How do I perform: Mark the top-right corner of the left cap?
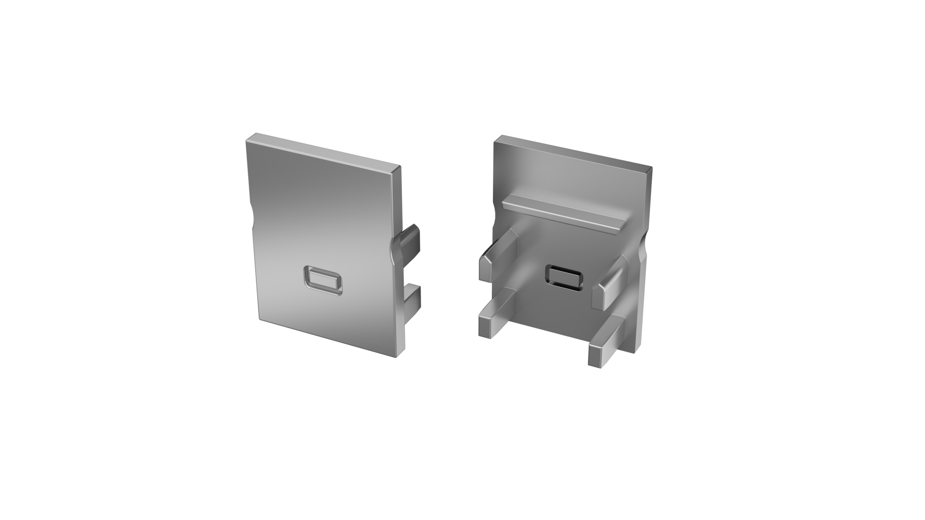(400, 168)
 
